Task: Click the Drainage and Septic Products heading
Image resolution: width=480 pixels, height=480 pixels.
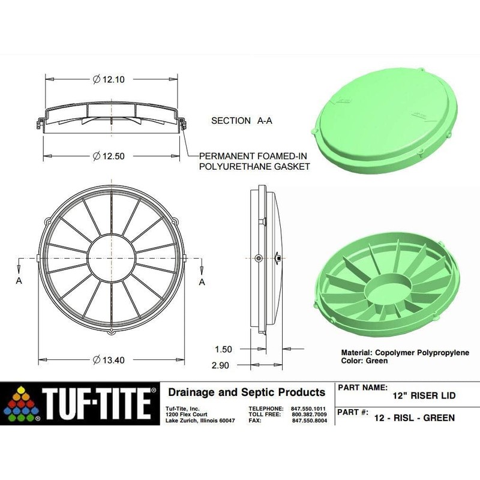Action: pyautogui.click(x=247, y=392)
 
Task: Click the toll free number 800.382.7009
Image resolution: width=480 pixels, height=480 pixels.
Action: pyautogui.click(x=309, y=414)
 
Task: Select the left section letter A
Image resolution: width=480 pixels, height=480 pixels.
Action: pyautogui.click(x=20, y=281)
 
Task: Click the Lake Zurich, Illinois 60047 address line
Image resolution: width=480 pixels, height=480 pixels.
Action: pyautogui.click(x=200, y=421)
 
